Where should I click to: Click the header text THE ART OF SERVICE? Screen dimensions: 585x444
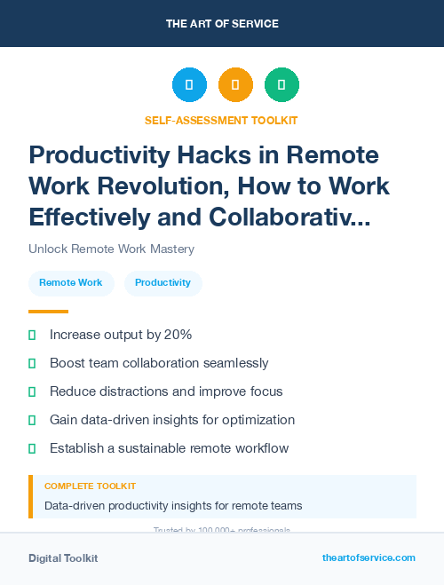pos(222,23)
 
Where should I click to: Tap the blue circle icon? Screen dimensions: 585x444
pos(189,84)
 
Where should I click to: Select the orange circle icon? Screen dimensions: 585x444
pos(235,84)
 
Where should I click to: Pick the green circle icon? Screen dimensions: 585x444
pos(281,84)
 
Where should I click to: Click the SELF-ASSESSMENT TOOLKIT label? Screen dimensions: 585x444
pos(221,120)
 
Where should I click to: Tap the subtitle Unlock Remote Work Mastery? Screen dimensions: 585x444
pos(111,249)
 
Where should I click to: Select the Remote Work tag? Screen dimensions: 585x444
pos(71,283)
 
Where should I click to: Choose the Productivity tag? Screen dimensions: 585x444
pos(163,283)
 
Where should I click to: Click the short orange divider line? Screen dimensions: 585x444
pos(48,312)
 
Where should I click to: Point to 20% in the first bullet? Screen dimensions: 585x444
pos(178,335)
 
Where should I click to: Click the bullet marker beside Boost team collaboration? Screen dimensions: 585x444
pos(32,363)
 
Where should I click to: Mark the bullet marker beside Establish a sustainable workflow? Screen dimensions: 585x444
pos(32,448)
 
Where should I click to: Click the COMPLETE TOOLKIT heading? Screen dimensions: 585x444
pos(91,486)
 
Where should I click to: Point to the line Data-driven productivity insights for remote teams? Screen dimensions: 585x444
pos(173,506)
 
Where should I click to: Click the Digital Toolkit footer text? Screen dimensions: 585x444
pos(63,558)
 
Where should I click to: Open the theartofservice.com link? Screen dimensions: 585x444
pos(369,557)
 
